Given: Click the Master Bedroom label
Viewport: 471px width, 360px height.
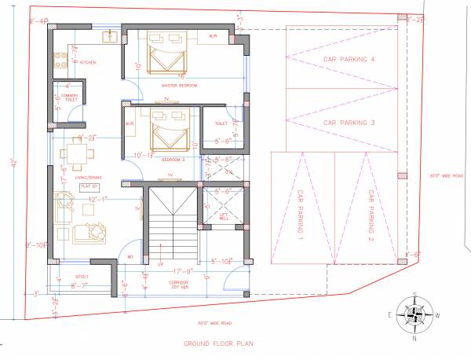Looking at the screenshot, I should coord(179,84).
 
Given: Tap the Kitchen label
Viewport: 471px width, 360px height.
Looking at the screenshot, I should coord(87,62).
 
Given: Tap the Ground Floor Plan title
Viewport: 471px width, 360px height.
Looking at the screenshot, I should coord(218,343).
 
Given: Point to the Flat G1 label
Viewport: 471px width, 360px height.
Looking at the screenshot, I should coord(89,186).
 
